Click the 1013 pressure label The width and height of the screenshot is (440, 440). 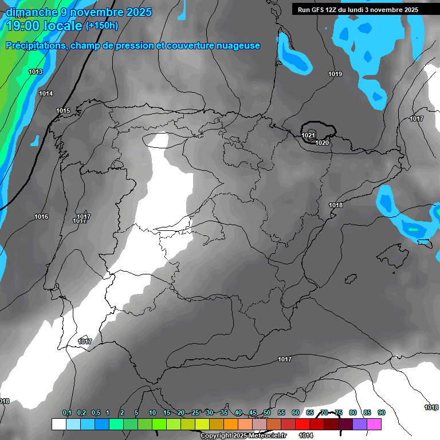tap(36, 72)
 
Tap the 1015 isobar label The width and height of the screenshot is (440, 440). tap(63, 111)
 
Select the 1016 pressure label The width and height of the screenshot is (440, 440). tap(41, 217)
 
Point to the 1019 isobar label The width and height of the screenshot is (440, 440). tap(335, 74)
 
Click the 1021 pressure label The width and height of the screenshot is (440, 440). tap(308, 135)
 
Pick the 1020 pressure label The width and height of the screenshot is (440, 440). tap(323, 143)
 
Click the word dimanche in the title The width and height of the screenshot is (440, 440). tap(32, 12)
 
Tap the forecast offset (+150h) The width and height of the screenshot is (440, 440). tap(102, 26)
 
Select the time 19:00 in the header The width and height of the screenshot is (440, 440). tap(25, 26)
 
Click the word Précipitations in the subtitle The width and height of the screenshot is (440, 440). tap(35, 46)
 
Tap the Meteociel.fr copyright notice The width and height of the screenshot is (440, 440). tap(244, 436)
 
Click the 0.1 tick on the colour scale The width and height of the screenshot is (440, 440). tap(67, 412)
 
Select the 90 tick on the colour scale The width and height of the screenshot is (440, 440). tap(381, 412)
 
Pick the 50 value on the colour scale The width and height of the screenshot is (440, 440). tap(267, 412)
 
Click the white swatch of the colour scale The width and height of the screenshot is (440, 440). tap(58, 424)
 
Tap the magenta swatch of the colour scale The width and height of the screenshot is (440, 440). tap(374, 424)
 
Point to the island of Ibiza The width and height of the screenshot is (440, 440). tap(350, 278)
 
